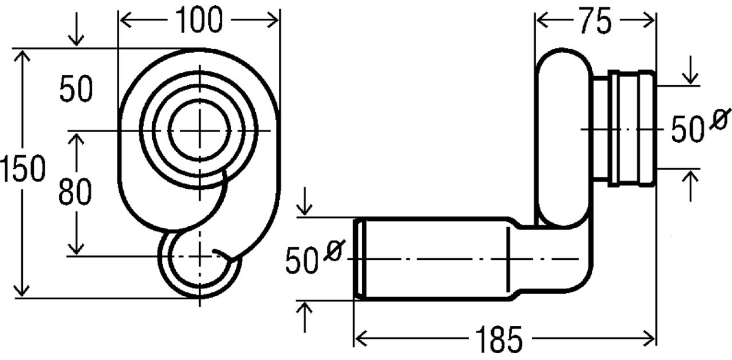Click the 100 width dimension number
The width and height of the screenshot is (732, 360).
click(199, 19)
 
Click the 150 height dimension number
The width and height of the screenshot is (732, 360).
click(22, 169)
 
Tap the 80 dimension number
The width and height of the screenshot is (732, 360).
click(75, 191)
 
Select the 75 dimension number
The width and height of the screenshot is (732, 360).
click(596, 21)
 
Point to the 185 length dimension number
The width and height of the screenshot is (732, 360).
click(499, 339)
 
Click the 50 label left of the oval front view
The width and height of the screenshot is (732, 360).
click(76, 88)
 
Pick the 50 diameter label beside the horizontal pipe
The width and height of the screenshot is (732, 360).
click(302, 260)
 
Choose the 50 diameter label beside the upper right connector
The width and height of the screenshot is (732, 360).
click(687, 129)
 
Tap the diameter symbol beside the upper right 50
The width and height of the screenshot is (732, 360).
click(720, 119)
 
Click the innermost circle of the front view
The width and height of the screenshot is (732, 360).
click(169, 130)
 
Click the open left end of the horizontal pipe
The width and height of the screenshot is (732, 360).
click(360, 259)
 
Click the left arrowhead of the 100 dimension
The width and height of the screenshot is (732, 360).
click(125, 20)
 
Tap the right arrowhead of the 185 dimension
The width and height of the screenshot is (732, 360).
click(648, 338)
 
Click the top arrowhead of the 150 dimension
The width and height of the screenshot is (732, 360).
click(22, 56)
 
